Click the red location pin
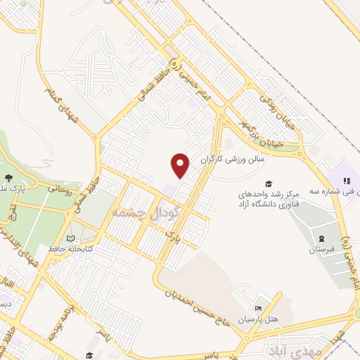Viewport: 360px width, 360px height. point(181,166)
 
